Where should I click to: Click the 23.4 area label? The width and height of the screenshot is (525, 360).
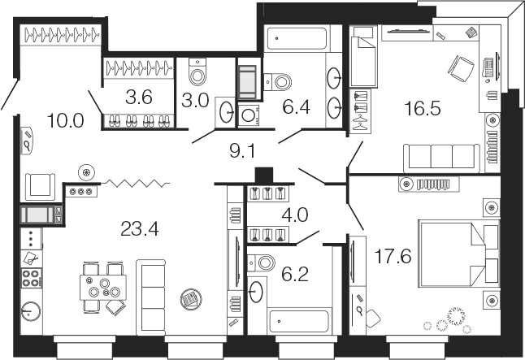pos(139,229)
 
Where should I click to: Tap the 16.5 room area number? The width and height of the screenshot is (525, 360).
pos(423,109)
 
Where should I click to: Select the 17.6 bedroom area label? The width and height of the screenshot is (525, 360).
pos(393,257)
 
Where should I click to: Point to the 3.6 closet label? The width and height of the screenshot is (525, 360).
pos(139,98)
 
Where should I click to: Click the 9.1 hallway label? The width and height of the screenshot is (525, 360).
pos(242,151)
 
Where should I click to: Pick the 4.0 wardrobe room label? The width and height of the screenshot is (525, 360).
pos(295,215)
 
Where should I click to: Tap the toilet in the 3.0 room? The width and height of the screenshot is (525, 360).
pos(197,72)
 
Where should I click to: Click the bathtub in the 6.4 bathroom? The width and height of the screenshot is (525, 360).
pos(296,38)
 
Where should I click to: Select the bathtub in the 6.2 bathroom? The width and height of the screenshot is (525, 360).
pos(299,321)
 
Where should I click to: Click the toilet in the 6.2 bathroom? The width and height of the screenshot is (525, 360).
pos(262,262)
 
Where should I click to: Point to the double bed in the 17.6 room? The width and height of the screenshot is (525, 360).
pos(459,254)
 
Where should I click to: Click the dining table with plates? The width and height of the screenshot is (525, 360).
pos(103,288)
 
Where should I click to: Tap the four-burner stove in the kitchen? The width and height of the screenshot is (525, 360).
pos(32,278)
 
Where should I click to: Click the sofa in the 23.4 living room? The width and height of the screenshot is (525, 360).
pos(150,297)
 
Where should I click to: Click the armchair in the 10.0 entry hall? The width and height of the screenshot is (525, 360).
pos(40,187)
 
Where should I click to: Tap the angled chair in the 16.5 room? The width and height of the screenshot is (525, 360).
pos(461,69)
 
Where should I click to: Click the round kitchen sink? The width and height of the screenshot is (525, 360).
pos(31,311)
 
